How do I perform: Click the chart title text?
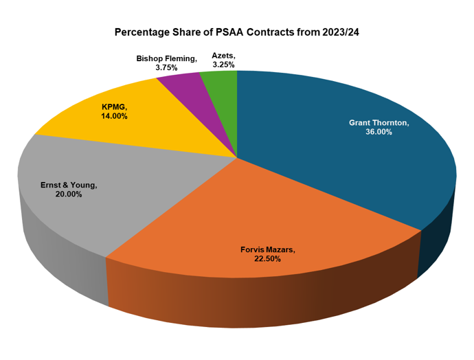(x=237, y=32)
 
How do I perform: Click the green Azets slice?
(x=220, y=86)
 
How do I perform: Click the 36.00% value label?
(x=379, y=132)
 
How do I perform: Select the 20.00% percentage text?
(x=68, y=194)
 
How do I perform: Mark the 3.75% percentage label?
(x=166, y=68)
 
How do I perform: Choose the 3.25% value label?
(x=223, y=65)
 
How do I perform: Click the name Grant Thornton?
(x=379, y=122)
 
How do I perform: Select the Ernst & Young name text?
(x=69, y=185)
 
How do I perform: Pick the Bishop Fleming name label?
(x=166, y=59)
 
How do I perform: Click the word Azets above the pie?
(x=223, y=55)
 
